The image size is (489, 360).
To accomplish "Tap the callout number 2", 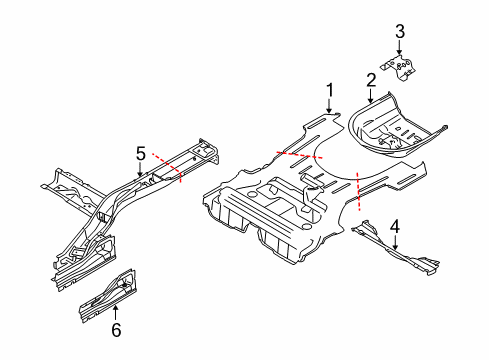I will (370, 78).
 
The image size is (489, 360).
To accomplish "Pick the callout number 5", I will (141, 152).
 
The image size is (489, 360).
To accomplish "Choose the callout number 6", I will (115, 328).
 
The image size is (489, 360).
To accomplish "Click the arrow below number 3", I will (400, 51).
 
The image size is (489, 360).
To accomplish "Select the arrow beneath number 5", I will (141, 170).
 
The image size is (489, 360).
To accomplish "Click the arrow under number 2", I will (370, 96).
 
